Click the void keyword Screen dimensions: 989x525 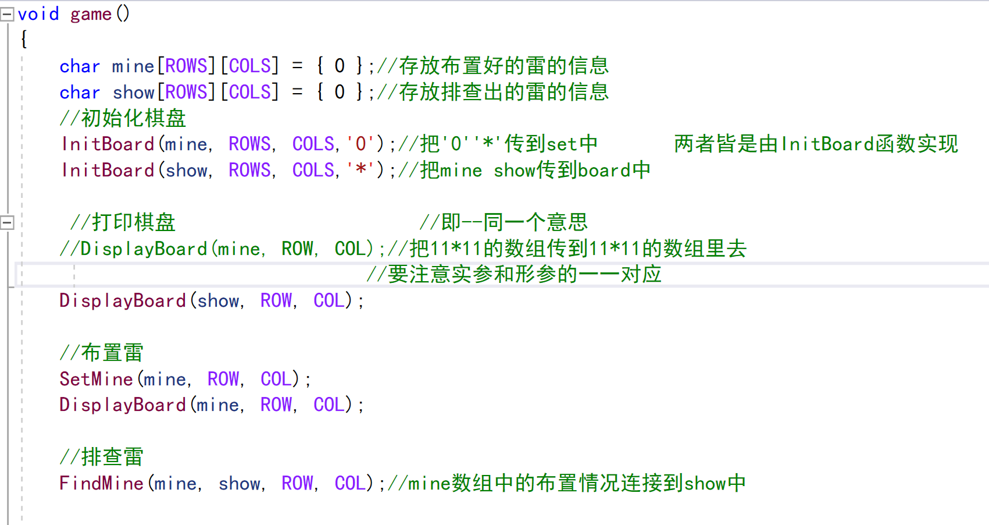pyautogui.click(x=38, y=13)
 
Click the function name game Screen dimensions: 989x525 pyautogui.click(x=91, y=13)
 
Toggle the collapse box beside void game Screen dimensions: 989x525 pyautogui.click(x=7, y=15)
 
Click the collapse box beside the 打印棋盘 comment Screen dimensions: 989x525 pyautogui.click(x=7, y=222)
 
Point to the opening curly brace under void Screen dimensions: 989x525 pyautogui.click(x=24, y=39)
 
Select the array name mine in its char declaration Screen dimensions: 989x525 pyautogui.click(x=133, y=66)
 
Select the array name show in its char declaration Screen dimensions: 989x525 pyautogui.click(x=133, y=92)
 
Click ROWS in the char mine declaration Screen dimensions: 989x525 pyautogui.click(x=186, y=66)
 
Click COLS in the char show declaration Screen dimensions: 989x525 pyautogui.click(x=250, y=92)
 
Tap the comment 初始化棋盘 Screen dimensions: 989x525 pyautogui.click(x=123, y=118)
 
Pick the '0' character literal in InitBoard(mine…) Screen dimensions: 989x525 pyautogui.click(x=360, y=144)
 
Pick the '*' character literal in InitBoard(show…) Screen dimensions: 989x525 pyautogui.click(x=360, y=170)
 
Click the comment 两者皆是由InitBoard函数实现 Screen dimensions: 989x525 pyautogui.click(x=816, y=144)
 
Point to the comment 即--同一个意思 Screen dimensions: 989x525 pyautogui.click(x=504, y=222)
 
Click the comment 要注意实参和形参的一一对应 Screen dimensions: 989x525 pyautogui.click(x=514, y=274)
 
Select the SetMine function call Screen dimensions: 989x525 pyautogui.click(x=96, y=379)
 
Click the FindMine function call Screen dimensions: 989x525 pyautogui.click(x=101, y=483)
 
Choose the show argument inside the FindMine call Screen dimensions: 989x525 pyautogui.click(x=239, y=483)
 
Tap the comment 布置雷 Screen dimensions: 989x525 pyautogui.click(x=102, y=353)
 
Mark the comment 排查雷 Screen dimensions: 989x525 pyautogui.click(x=102, y=457)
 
